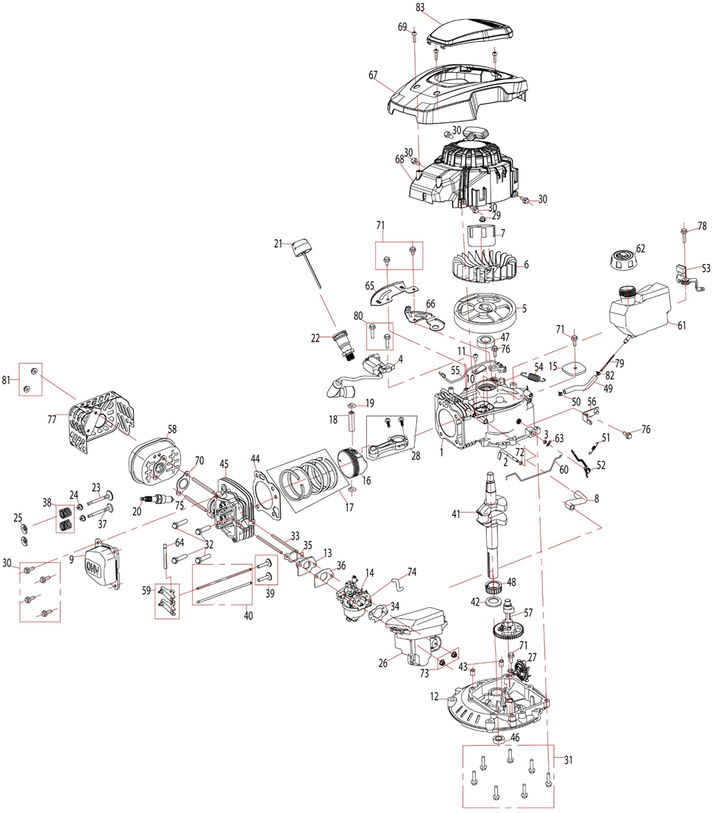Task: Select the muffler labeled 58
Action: coord(153,462)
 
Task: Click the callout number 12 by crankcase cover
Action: coord(434,696)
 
